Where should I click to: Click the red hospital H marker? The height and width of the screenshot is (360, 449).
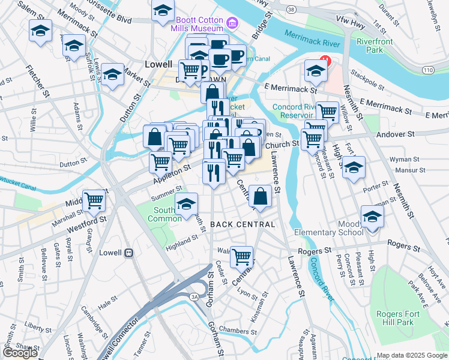click(325, 61)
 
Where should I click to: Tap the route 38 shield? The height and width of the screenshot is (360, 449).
click(291, 10)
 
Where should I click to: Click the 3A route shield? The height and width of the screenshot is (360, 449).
click(194, 296)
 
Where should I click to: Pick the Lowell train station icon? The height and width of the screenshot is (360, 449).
click(128, 253)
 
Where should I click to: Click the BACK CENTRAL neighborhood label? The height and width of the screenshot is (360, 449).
click(243, 224)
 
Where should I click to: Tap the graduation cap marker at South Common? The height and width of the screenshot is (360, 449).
click(187, 203)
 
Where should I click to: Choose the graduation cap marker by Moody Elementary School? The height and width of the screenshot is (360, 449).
click(372, 217)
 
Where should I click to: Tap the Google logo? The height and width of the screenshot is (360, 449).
click(20, 353)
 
